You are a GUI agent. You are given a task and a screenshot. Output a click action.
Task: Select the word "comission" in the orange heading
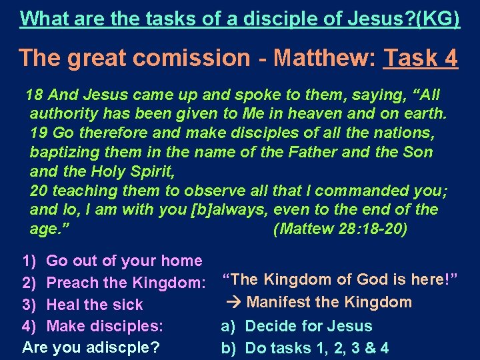click(x=193, y=58)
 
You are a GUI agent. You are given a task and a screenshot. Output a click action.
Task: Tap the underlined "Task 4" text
click(x=421, y=58)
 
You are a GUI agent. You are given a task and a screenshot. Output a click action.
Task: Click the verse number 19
click(x=39, y=133)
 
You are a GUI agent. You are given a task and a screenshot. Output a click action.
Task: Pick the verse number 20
click(x=39, y=191)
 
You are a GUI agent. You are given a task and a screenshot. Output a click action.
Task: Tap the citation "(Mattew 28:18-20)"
click(x=341, y=229)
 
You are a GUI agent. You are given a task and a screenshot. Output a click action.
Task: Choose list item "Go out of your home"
click(x=124, y=261)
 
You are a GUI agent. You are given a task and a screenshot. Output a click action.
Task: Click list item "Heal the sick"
click(x=95, y=305)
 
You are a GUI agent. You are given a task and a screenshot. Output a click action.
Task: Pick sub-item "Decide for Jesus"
click(x=309, y=327)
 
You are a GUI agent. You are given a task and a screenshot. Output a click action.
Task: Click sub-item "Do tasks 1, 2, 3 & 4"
click(x=317, y=348)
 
